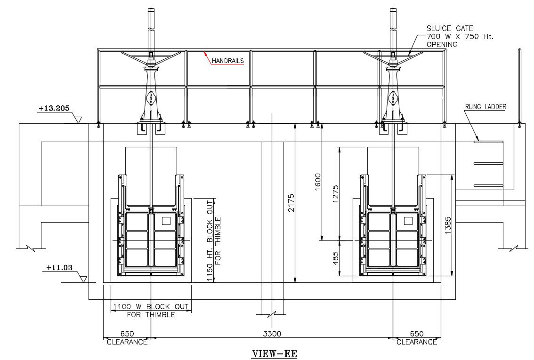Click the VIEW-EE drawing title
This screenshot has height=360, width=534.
(x=275, y=354)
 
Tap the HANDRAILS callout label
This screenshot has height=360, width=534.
(x=227, y=61)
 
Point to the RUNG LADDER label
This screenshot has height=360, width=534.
(x=485, y=107)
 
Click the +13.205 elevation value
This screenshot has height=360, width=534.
(x=54, y=108)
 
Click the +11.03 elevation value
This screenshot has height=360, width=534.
(x=59, y=268)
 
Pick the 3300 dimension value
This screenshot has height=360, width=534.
(x=272, y=334)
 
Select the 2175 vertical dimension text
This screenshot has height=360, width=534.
(x=291, y=202)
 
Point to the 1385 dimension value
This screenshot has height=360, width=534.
(x=448, y=225)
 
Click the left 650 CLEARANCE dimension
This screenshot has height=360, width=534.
(x=127, y=337)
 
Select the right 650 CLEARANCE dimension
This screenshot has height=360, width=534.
(x=416, y=337)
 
